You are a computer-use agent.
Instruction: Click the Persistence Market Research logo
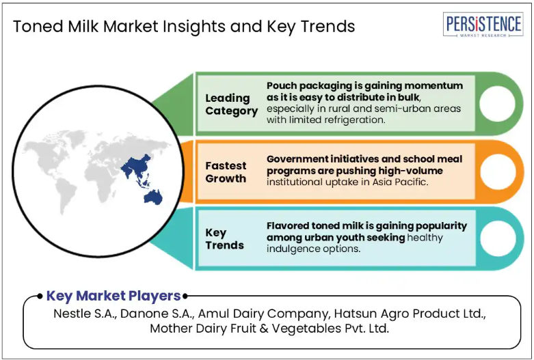coord(483,25)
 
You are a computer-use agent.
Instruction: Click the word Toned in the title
coord(38,26)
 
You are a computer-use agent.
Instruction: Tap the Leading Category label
coord(232,104)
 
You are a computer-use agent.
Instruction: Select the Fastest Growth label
coord(226,172)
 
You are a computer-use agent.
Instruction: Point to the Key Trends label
coord(224,238)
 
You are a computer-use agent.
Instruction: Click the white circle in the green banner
coord(497,103)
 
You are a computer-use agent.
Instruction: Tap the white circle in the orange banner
coord(497,171)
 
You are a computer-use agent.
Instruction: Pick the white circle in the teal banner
coord(497,238)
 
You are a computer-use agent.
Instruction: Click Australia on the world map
coord(153,197)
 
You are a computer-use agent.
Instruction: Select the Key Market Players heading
coord(114,296)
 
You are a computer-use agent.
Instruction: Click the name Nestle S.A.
coord(85,314)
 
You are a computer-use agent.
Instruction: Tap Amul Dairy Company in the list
coord(265,314)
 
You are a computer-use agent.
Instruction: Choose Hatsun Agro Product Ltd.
coord(410,314)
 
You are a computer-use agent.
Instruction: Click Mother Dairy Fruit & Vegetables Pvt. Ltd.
coord(269,329)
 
